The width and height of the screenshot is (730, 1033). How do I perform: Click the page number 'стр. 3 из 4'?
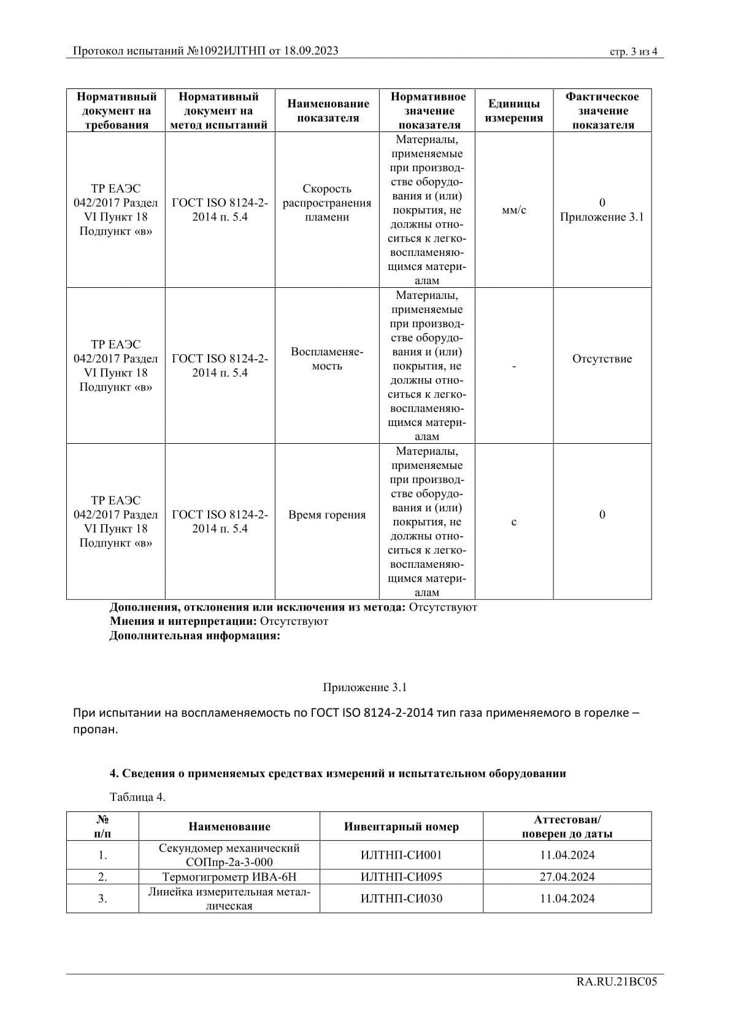pyautogui.click(x=633, y=52)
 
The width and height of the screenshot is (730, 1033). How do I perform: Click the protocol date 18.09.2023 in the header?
pyautogui.click(x=311, y=51)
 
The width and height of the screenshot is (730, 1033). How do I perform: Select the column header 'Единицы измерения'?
pyautogui.click(x=513, y=111)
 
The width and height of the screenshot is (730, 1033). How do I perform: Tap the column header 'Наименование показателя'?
pyautogui.click(x=328, y=111)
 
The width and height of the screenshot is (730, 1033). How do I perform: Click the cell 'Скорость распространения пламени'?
pyautogui.click(x=327, y=203)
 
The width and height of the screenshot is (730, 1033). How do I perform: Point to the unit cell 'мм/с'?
pyautogui.click(x=513, y=211)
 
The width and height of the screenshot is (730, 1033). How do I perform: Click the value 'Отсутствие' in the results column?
pyautogui.click(x=602, y=359)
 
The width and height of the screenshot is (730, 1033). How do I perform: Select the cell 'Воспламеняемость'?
pyautogui.click(x=327, y=359)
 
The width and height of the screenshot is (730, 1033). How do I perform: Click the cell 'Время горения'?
pyautogui.click(x=327, y=515)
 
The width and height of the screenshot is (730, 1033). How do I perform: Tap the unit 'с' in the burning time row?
pyautogui.click(x=513, y=522)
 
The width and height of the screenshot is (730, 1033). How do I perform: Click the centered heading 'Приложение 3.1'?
pyautogui.click(x=364, y=687)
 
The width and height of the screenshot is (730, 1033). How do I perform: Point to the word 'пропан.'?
pyautogui.click(x=95, y=730)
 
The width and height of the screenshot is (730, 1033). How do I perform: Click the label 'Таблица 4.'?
pyautogui.click(x=137, y=797)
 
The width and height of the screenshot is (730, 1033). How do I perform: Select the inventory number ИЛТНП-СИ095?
pyautogui.click(x=401, y=877)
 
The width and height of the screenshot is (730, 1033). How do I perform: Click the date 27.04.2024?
pyautogui.click(x=567, y=877)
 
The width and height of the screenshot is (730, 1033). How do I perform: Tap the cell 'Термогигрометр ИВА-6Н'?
pyautogui.click(x=229, y=877)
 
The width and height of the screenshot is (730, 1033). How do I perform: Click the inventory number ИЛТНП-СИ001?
pyautogui.click(x=401, y=855)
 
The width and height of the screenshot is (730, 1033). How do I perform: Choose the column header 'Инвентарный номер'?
pyautogui.click(x=401, y=827)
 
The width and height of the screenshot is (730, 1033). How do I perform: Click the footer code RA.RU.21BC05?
pyautogui.click(x=617, y=982)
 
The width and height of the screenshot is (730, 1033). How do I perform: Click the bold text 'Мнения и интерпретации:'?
pyautogui.click(x=183, y=621)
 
